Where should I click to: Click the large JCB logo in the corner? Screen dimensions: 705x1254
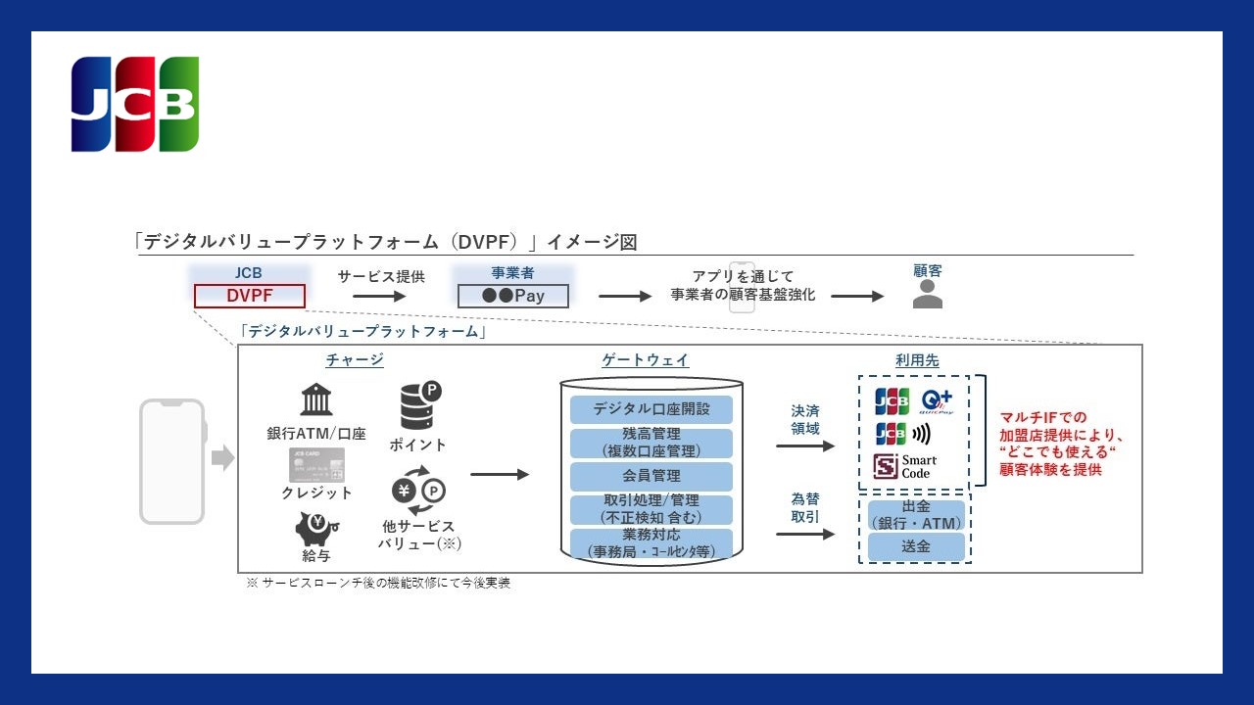click(135, 105)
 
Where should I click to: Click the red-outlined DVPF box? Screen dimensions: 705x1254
click(250, 296)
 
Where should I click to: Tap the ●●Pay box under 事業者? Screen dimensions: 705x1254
click(513, 296)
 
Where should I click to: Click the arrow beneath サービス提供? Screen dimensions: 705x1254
click(379, 296)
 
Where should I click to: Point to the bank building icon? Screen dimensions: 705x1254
click(315, 399)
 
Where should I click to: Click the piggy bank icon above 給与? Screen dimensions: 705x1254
click(316, 529)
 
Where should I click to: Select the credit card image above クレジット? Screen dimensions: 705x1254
click(316, 465)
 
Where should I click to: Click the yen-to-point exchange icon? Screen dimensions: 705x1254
click(418, 493)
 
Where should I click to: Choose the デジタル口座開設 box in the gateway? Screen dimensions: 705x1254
click(651, 408)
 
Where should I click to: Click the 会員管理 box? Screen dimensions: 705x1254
click(651, 476)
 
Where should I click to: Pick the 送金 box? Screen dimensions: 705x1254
click(916, 546)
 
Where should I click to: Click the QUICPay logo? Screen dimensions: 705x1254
click(937, 401)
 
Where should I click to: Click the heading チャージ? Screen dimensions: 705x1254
click(355, 360)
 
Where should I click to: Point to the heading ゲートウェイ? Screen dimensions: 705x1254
click(645, 360)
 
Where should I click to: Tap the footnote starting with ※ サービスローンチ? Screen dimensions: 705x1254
click(378, 583)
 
